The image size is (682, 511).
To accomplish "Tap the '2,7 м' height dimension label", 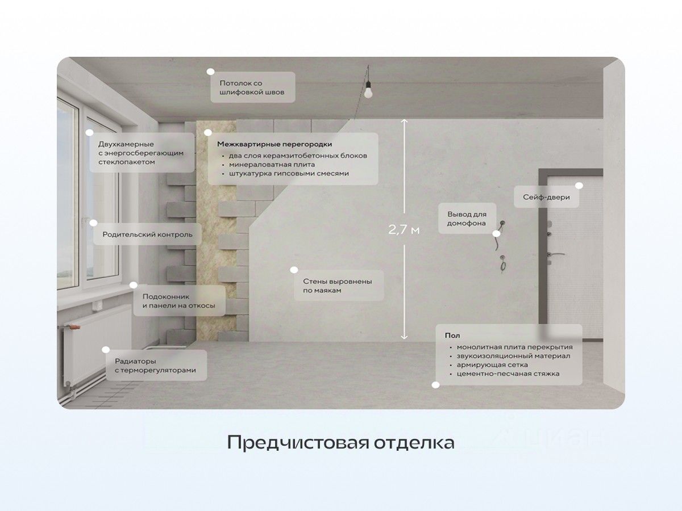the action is (404, 230).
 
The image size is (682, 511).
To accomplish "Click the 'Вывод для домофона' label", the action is (467, 219).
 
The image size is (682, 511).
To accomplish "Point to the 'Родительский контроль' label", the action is (147, 234).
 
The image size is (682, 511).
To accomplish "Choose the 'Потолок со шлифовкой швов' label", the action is (252, 87).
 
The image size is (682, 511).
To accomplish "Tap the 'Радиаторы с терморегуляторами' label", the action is (155, 365).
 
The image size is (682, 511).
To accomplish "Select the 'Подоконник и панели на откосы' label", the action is (178, 301).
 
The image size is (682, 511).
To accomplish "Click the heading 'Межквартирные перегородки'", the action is (275, 144).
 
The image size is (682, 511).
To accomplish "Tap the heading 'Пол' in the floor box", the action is (452, 336).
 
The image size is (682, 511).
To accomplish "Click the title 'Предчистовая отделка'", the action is (340, 442).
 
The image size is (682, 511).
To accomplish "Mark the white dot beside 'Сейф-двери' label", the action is (579, 186).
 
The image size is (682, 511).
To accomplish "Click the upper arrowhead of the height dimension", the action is (404, 121).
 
